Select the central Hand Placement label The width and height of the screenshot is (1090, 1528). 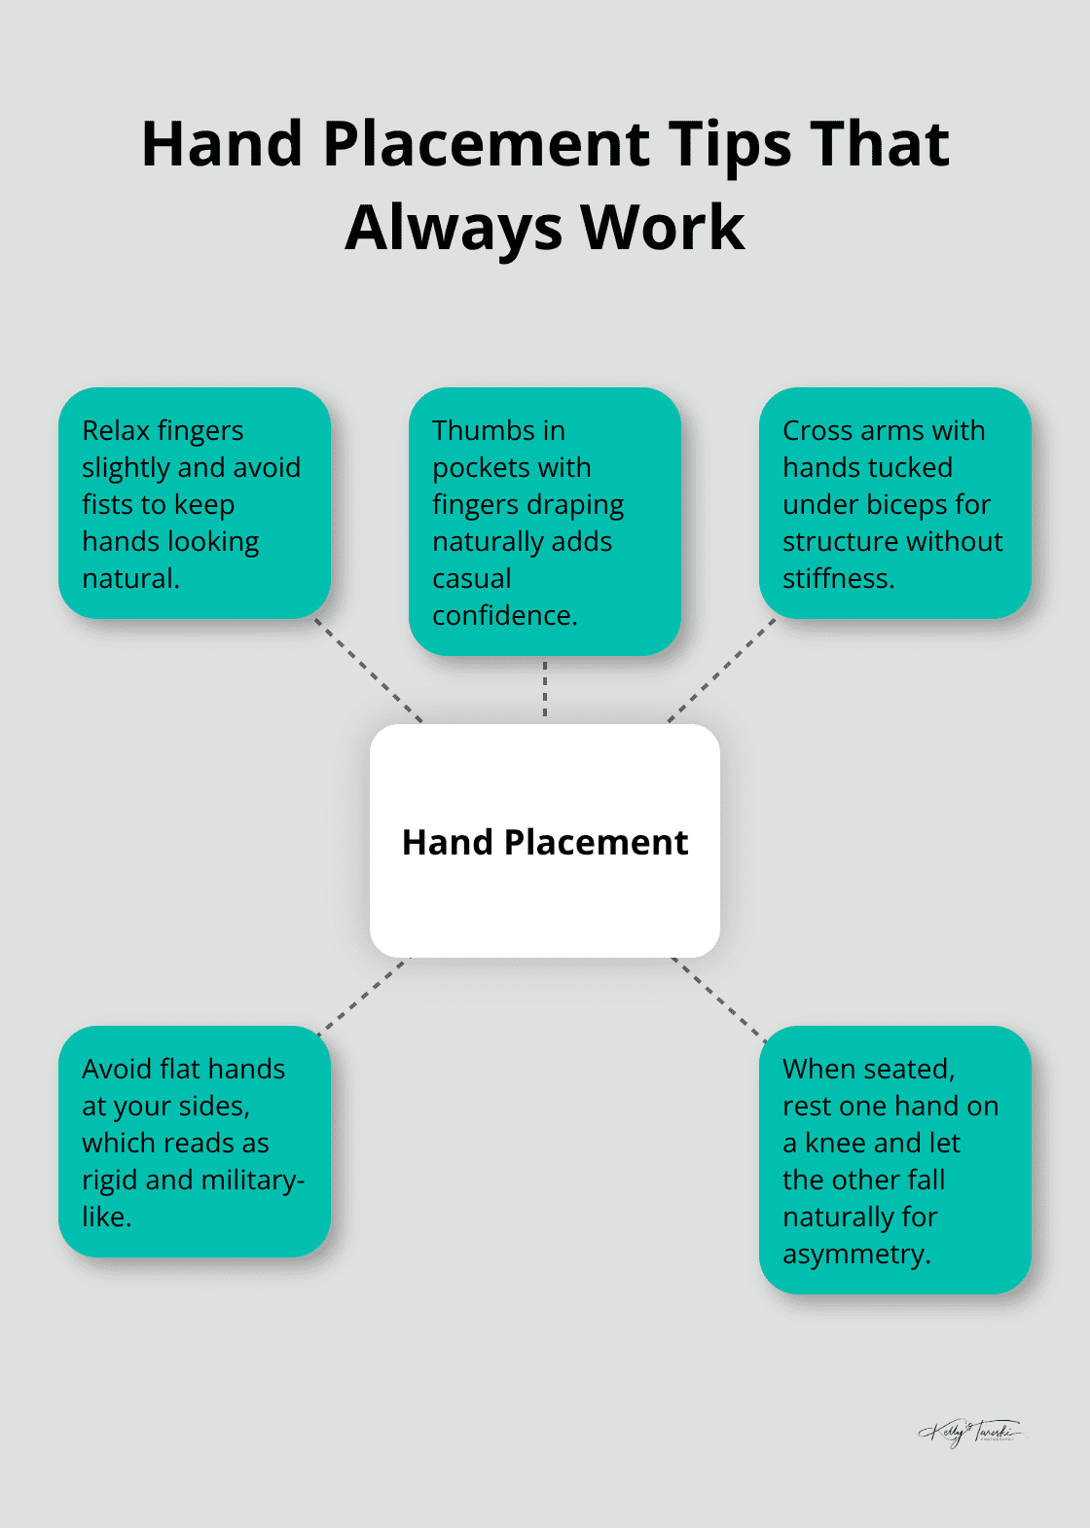[x=545, y=842]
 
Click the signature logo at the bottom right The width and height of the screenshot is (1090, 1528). [x=969, y=1432]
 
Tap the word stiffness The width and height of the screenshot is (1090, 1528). [x=838, y=578]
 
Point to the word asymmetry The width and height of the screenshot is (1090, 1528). [x=856, y=1254]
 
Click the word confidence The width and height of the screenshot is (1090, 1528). [x=505, y=615]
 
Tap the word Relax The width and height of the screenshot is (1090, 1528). [x=116, y=430]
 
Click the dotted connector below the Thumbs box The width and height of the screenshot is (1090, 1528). [x=545, y=688]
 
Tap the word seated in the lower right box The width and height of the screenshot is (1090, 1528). [x=909, y=1069]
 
